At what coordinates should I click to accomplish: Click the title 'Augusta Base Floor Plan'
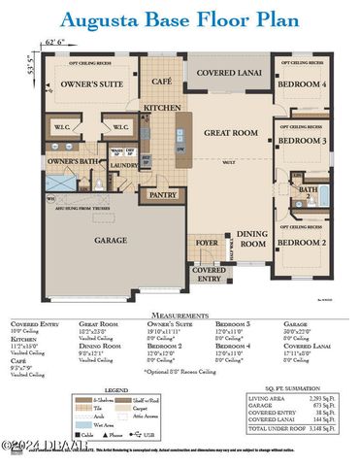(180, 18)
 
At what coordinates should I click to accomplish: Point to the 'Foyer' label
(208, 244)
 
